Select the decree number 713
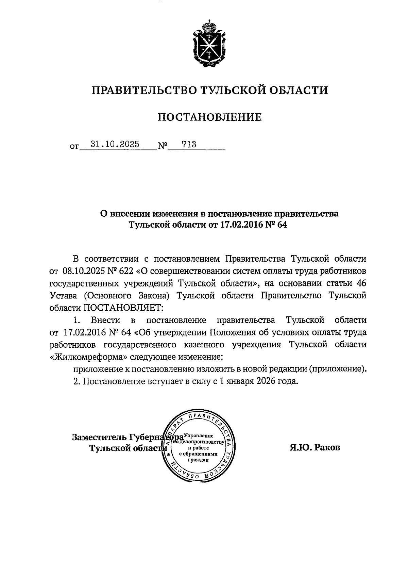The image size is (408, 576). (189, 145)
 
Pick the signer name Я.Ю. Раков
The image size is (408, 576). (314, 447)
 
